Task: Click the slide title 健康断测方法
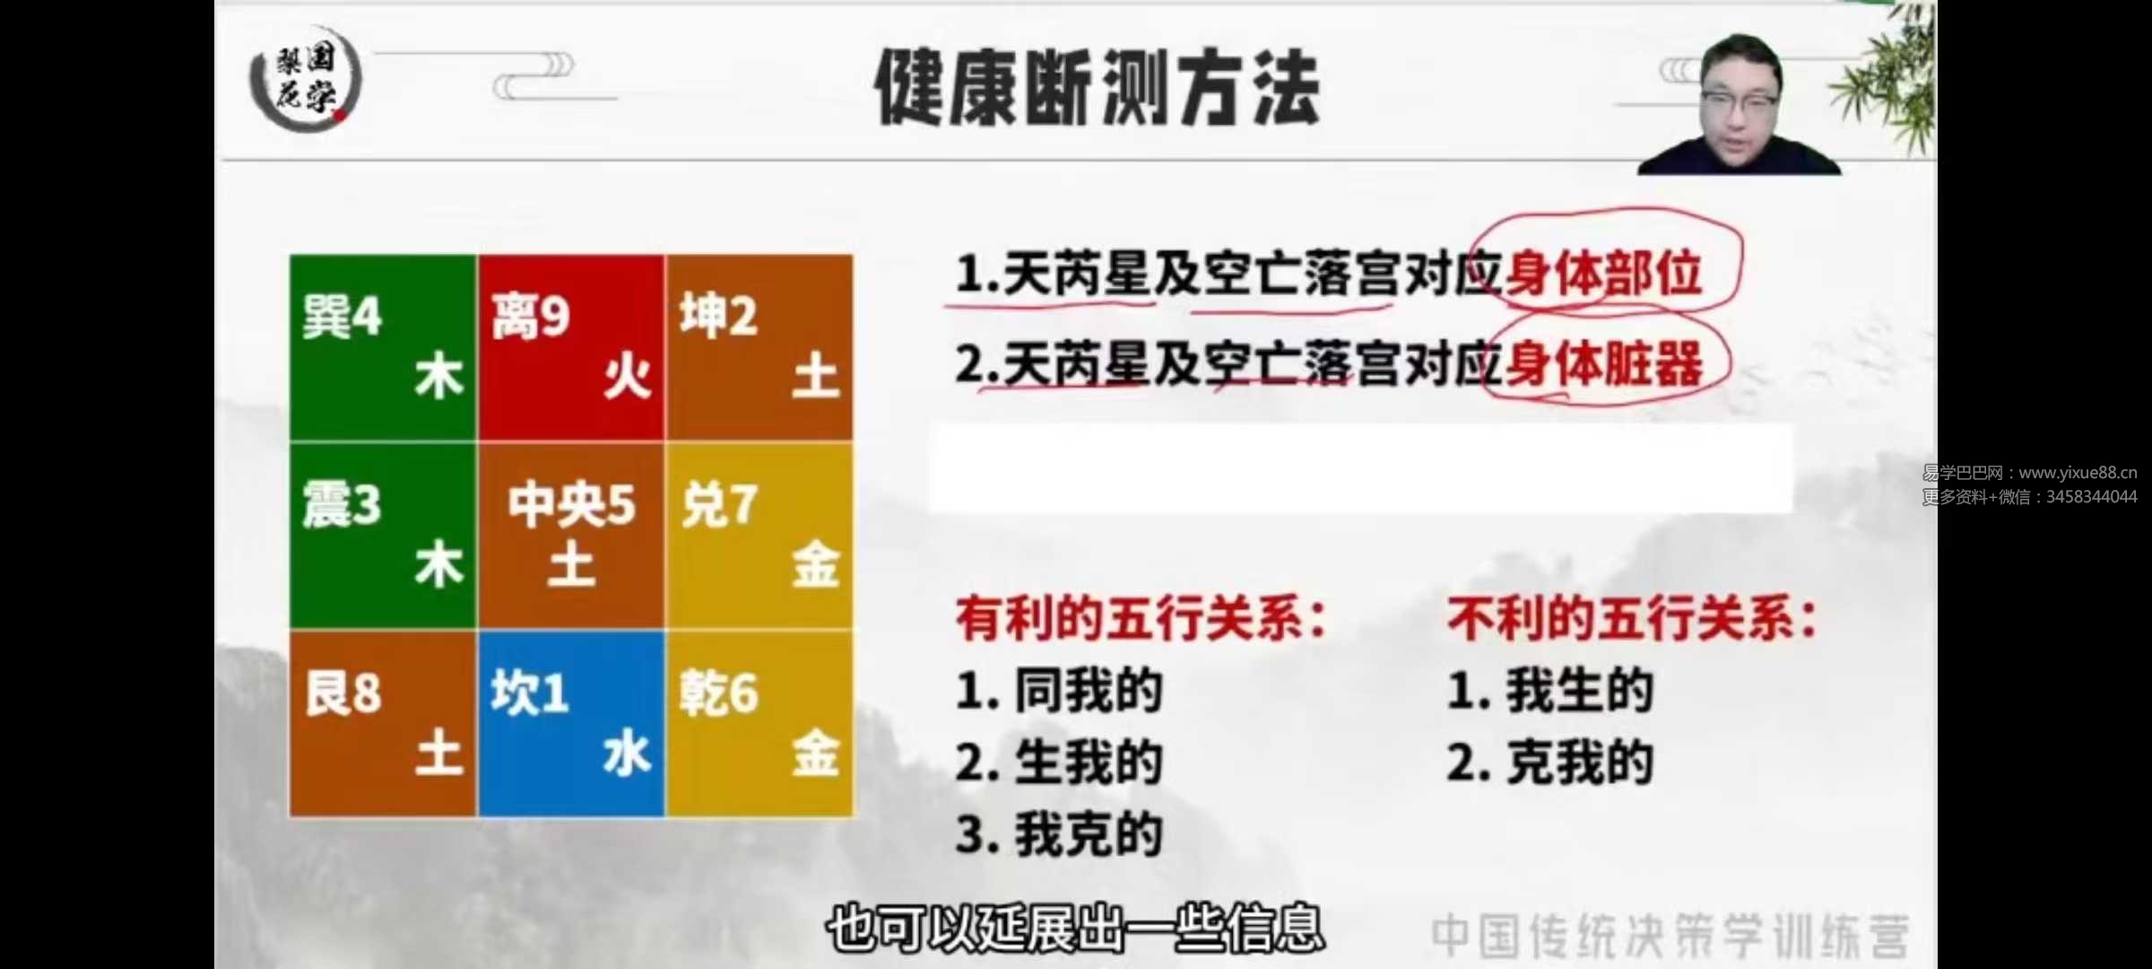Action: [1097, 87]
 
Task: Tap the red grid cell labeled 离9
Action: [571, 348]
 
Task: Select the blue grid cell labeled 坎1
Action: [571, 723]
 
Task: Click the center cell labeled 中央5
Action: [571, 536]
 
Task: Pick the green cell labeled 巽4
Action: [383, 348]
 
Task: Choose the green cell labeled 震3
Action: [383, 536]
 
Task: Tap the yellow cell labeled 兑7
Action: [759, 536]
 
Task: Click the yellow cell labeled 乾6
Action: [759, 723]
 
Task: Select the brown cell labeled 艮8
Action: [383, 723]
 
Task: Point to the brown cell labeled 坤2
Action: [759, 348]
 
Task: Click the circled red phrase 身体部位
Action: [1604, 273]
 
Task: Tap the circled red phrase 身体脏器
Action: [1604, 363]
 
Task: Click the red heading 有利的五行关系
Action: [1141, 619]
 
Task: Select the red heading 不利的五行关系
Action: [1632, 619]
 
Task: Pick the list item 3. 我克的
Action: [1059, 834]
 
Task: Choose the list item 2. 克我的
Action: [1550, 763]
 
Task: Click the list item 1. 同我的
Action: [1059, 691]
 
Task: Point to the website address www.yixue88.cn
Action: [2078, 473]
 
